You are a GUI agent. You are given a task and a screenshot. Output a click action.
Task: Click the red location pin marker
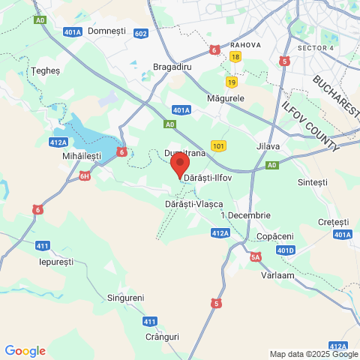tap(179, 163)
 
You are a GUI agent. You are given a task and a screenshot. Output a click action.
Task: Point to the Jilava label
tap(268, 146)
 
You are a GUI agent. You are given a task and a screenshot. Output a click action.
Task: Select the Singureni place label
tap(125, 298)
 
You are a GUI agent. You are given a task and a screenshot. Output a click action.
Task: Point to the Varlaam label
tap(277, 275)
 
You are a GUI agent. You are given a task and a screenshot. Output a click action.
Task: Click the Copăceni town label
tap(274, 236)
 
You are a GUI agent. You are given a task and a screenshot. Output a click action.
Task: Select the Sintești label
tap(313, 182)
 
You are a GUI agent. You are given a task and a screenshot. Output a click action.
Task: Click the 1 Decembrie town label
tap(245, 215)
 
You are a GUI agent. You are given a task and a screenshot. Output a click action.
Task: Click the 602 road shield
tap(141, 34)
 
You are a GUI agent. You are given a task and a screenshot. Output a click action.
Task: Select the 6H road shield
tap(85, 176)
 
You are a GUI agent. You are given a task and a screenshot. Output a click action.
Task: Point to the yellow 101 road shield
tap(218, 145)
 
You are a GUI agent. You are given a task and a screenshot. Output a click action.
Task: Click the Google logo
tap(25, 351)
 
